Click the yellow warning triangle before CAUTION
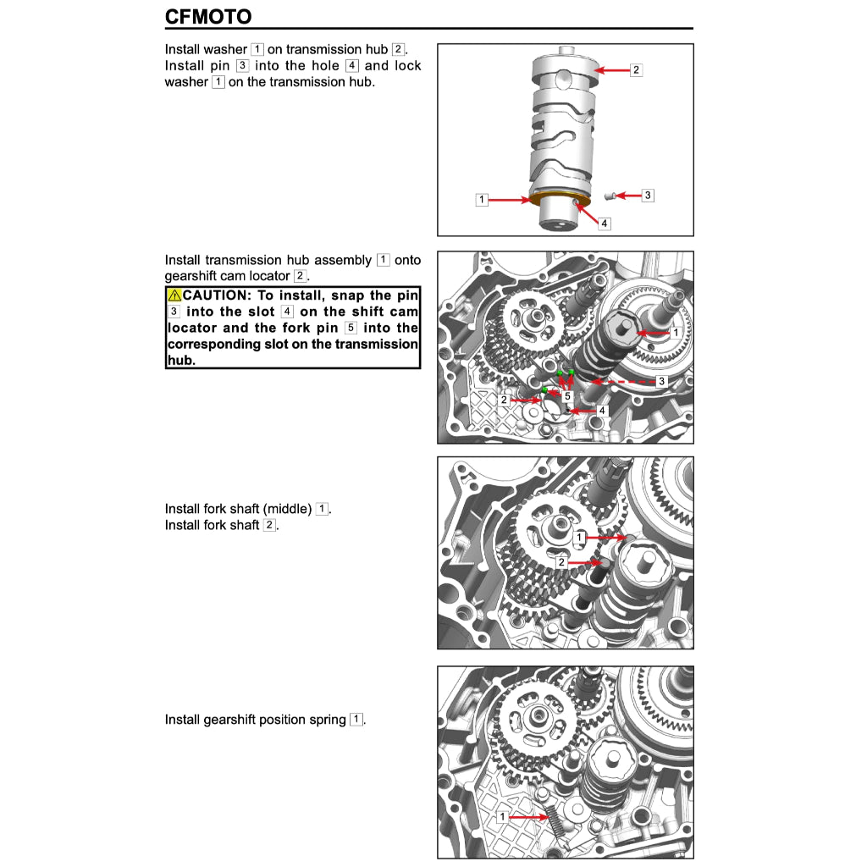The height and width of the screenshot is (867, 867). [x=174, y=295]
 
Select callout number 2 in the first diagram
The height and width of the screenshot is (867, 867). [x=636, y=70]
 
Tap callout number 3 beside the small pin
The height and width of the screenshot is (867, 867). [x=648, y=195]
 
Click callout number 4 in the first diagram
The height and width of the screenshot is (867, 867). [x=604, y=224]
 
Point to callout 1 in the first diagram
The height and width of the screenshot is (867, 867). [x=482, y=200]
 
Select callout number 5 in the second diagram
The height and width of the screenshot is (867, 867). [x=567, y=396]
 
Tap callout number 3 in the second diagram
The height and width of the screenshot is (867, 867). [x=661, y=382]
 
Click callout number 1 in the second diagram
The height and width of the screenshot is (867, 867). [x=675, y=334]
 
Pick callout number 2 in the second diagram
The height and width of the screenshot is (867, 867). [x=504, y=400]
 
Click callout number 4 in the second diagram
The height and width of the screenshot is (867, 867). [x=602, y=411]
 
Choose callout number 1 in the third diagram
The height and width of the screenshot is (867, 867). [x=579, y=538]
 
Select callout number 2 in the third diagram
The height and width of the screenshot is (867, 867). [x=561, y=562]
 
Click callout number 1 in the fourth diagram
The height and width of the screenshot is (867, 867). [x=502, y=817]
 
